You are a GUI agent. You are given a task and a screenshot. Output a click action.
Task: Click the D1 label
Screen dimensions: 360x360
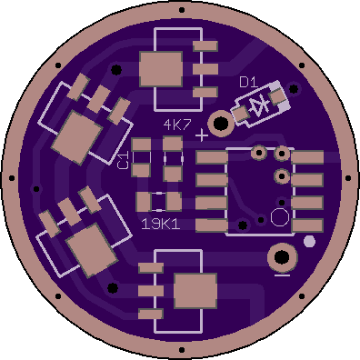(248, 82)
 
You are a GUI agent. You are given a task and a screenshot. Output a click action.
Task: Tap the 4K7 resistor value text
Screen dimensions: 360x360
(177, 125)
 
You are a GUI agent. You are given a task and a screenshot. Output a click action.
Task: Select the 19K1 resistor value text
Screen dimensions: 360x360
(161, 225)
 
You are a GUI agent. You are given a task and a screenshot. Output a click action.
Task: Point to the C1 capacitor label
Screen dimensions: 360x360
(122, 161)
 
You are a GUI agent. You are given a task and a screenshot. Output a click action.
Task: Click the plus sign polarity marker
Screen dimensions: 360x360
(202, 135)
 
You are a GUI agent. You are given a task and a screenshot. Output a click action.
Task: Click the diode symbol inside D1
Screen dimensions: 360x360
(259, 106)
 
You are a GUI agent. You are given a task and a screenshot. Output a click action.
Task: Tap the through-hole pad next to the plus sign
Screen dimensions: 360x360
(221, 124)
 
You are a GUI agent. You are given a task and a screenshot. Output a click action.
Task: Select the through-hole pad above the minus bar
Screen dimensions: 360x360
(283, 257)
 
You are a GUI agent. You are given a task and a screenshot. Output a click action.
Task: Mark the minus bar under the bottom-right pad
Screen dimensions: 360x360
(282, 275)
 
